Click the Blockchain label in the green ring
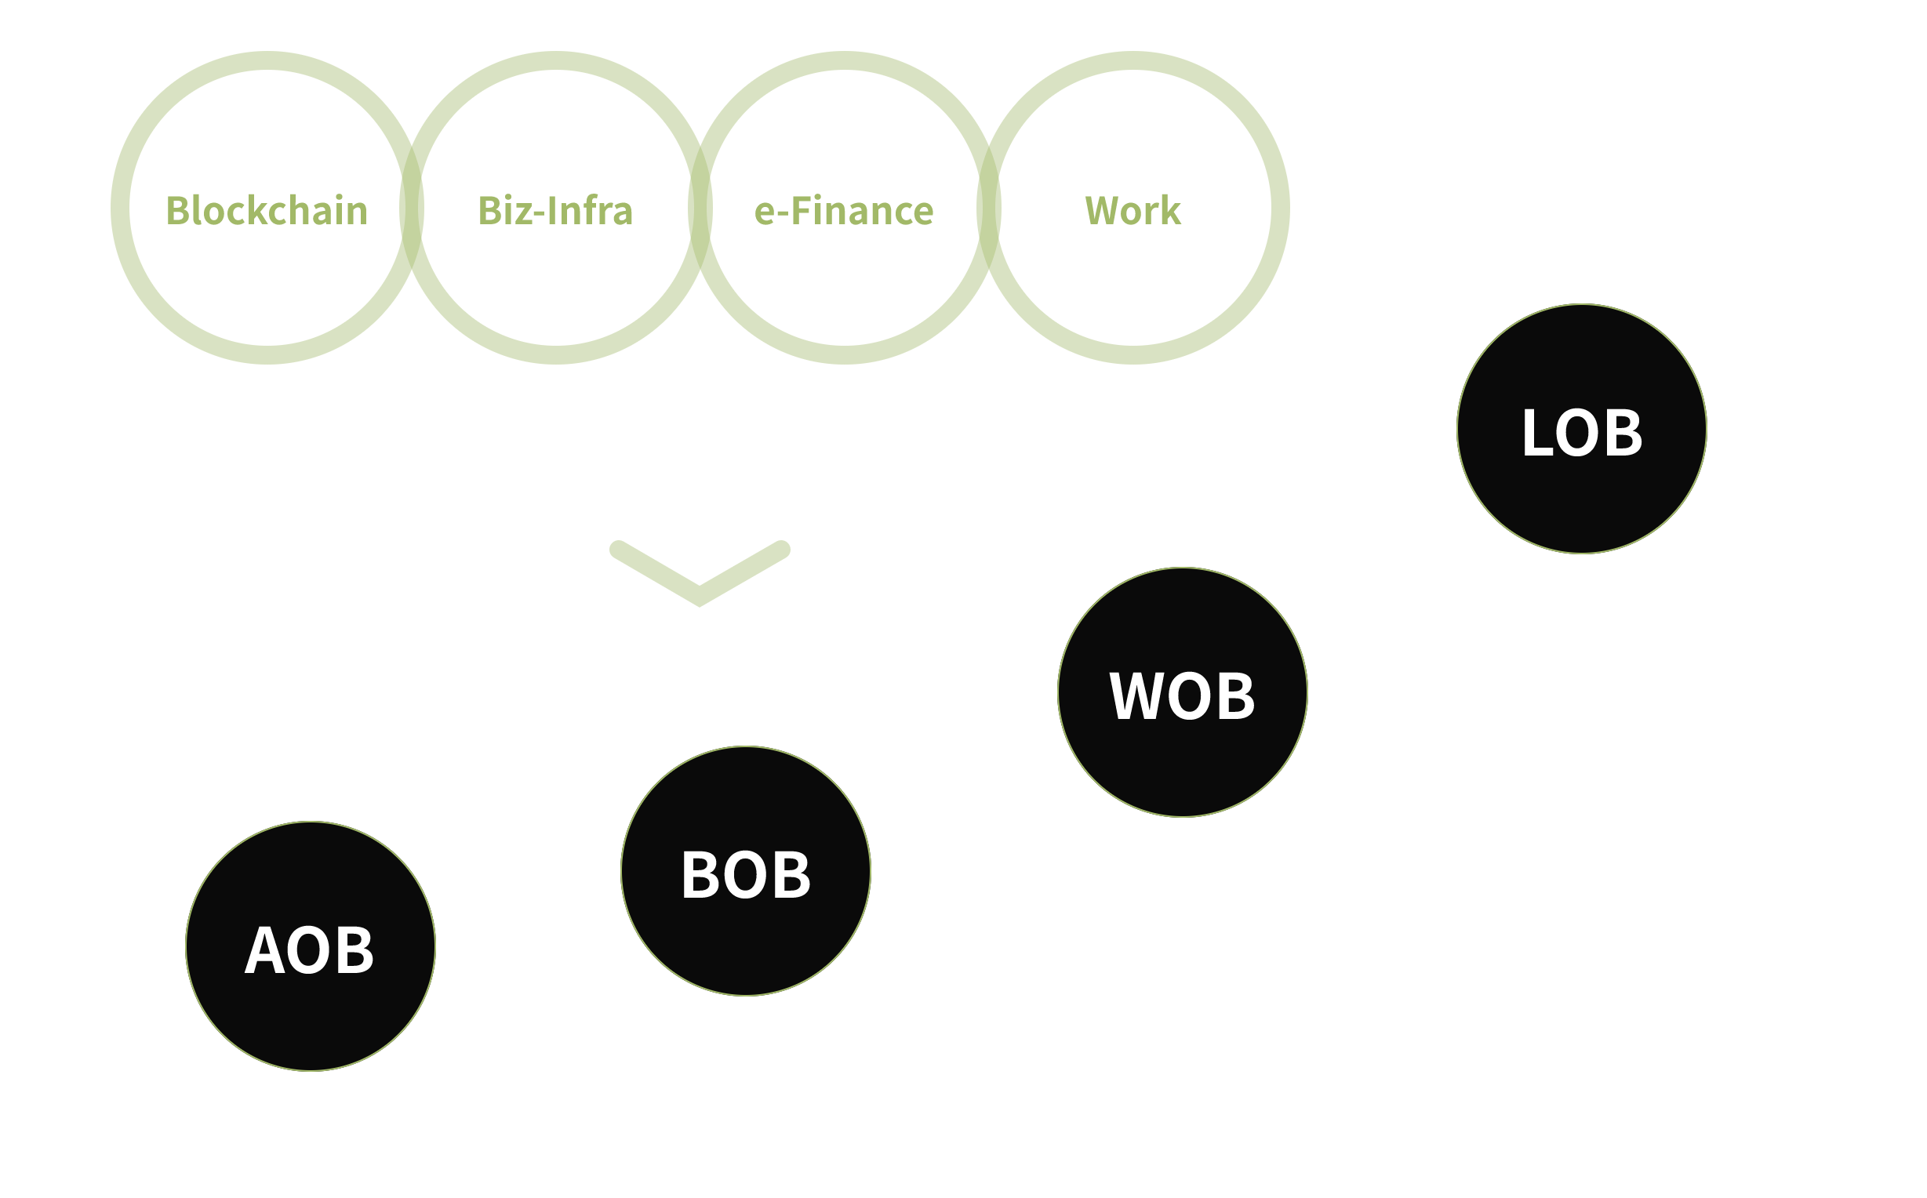pos(267,211)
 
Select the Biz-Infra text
pos(555,211)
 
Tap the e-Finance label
pos(844,211)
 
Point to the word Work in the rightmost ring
pos(1133,211)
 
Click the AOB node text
pos(310,951)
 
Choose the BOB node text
pos(746,876)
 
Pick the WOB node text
pos(1182,696)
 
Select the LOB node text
pos(1582,434)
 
